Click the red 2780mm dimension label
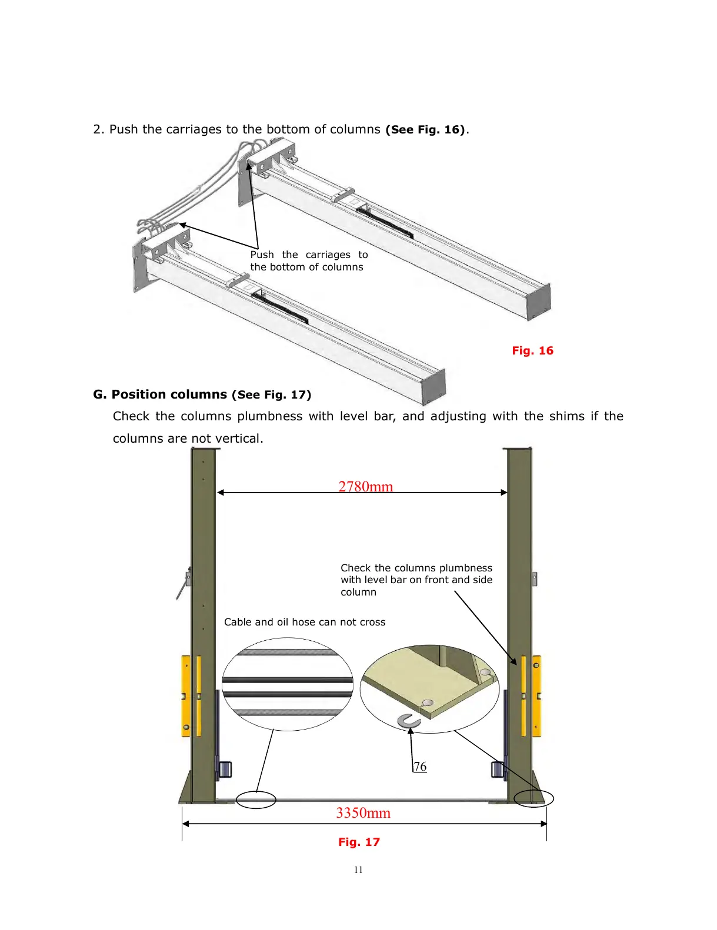point(365,486)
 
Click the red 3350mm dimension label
point(363,812)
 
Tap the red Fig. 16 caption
point(532,350)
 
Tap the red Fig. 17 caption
point(359,842)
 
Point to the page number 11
point(358,870)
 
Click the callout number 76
point(420,767)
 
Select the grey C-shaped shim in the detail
point(408,720)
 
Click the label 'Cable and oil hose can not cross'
point(305,622)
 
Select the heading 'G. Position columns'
point(160,394)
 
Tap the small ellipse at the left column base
point(256,799)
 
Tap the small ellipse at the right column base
point(533,798)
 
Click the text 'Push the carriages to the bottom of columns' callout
point(308,260)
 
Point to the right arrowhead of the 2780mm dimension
point(504,492)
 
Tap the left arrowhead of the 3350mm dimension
point(185,824)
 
